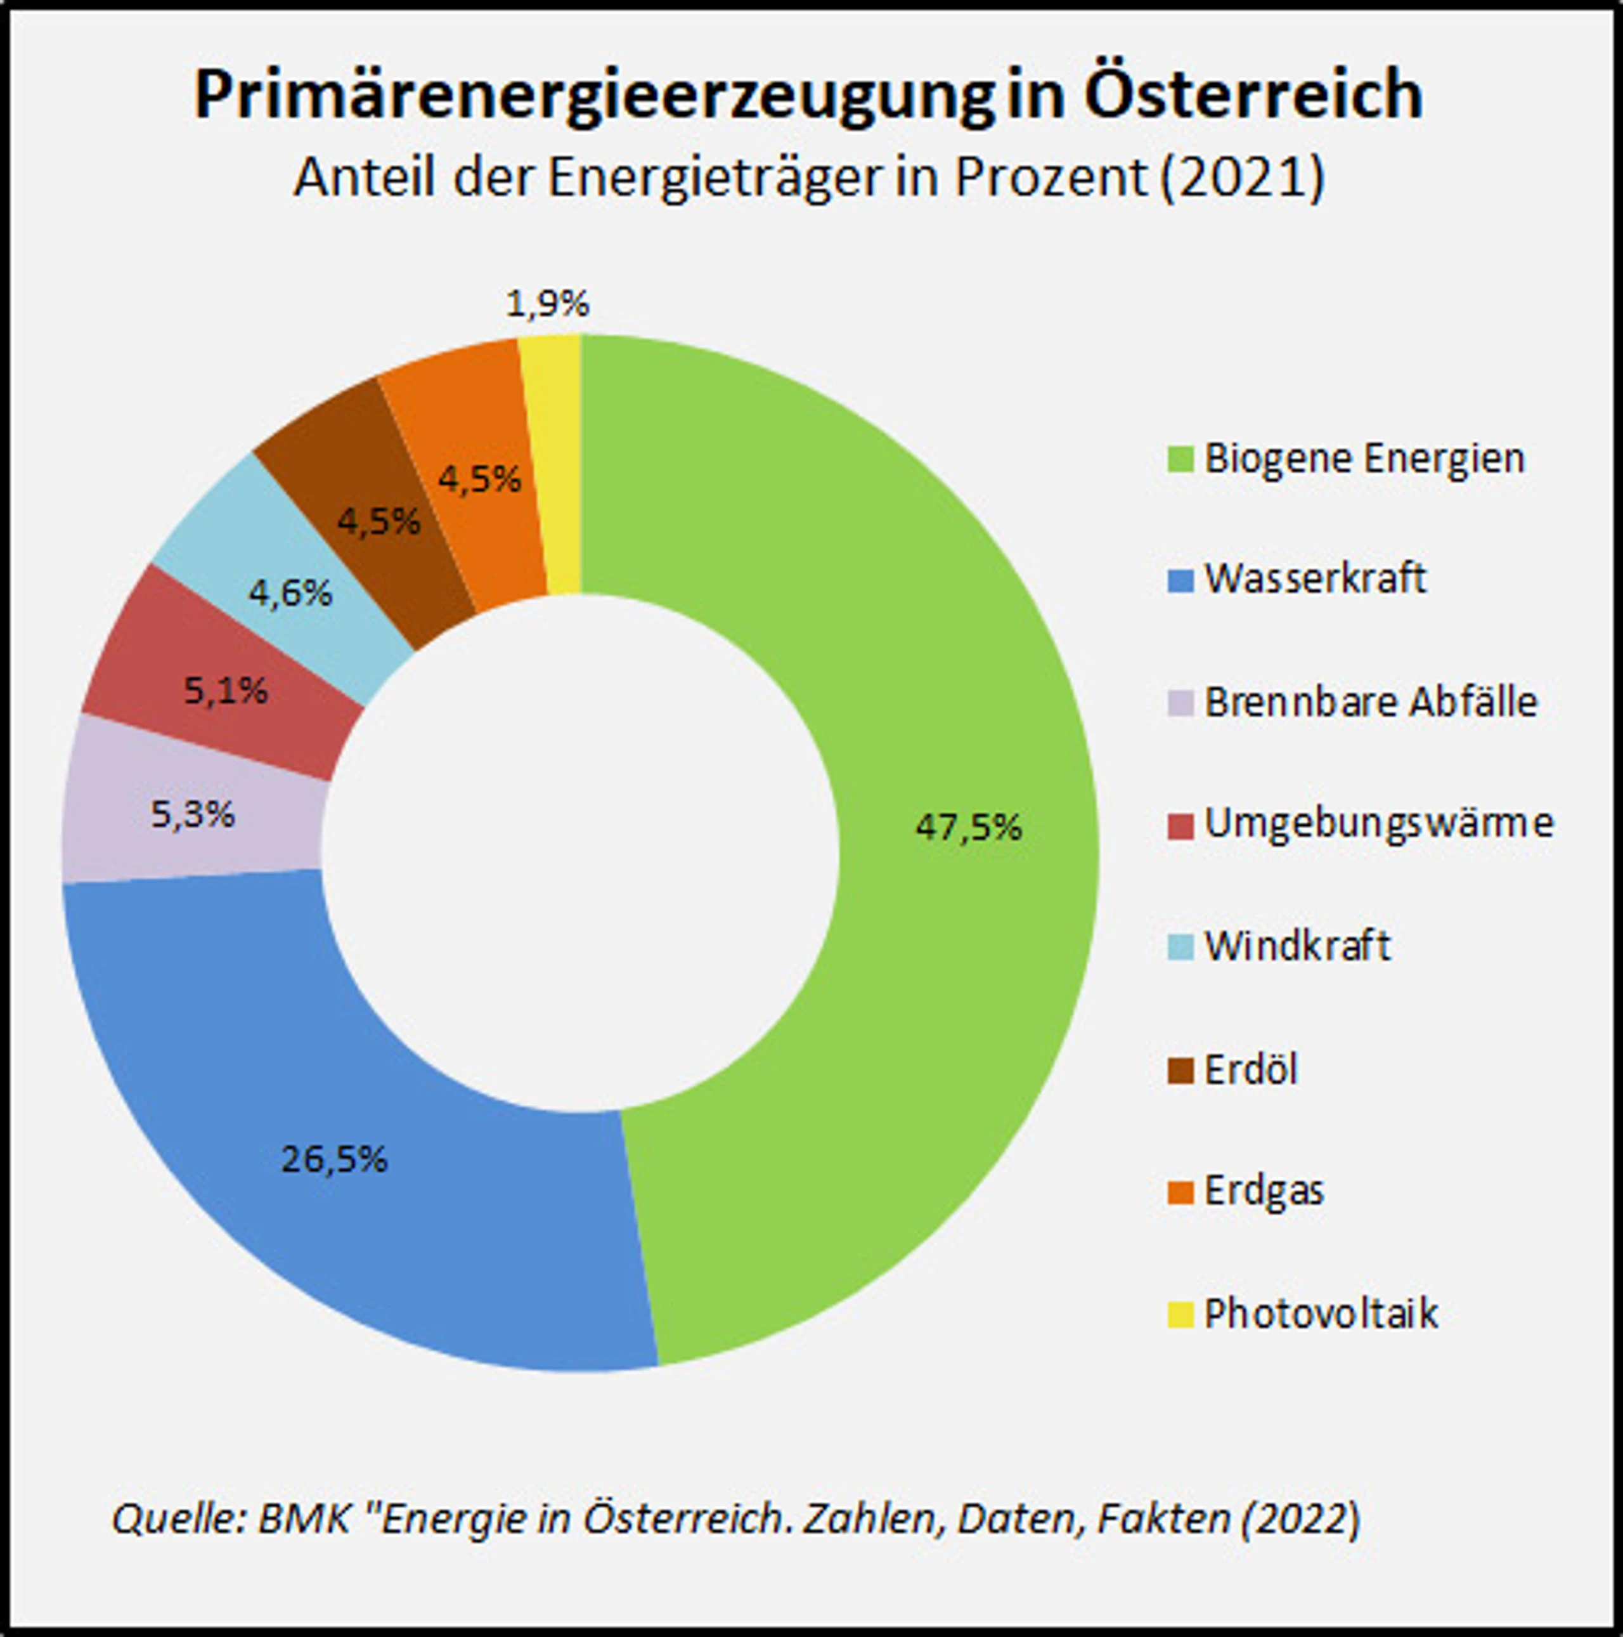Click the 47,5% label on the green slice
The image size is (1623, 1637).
click(968, 827)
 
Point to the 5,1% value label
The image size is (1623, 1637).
click(225, 691)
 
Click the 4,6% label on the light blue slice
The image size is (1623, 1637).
click(290, 593)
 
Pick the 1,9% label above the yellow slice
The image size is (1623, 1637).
click(547, 303)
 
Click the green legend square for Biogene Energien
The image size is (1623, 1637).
click(1180, 459)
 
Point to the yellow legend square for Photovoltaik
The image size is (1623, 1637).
click(1180, 1314)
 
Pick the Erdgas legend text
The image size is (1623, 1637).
click(1264, 1191)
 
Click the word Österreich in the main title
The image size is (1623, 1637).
click(1253, 95)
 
